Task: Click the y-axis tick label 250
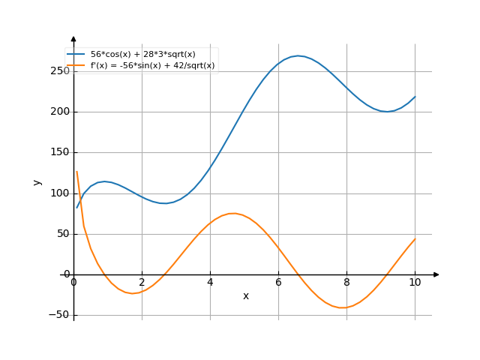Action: tap(60, 71)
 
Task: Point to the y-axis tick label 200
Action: tap(60, 112)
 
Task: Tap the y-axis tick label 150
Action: tap(60, 152)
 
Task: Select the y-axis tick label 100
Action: tap(60, 193)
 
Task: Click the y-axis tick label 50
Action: tap(63, 234)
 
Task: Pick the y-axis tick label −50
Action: tap(58, 315)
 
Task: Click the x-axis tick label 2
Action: tap(142, 282)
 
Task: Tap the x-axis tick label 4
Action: tap(210, 282)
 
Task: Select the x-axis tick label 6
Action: tap(278, 282)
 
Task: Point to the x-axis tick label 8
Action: tap(346, 282)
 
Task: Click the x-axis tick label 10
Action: tap(415, 282)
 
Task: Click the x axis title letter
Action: tap(245, 296)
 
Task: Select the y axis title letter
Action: tap(37, 182)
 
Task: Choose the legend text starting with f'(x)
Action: tap(152, 65)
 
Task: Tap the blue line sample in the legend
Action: tap(76, 55)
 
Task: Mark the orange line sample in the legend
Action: tap(76, 65)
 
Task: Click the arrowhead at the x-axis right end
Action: tap(436, 274)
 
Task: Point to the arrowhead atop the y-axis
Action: tap(73, 38)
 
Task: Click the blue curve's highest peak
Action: tap(298, 55)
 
